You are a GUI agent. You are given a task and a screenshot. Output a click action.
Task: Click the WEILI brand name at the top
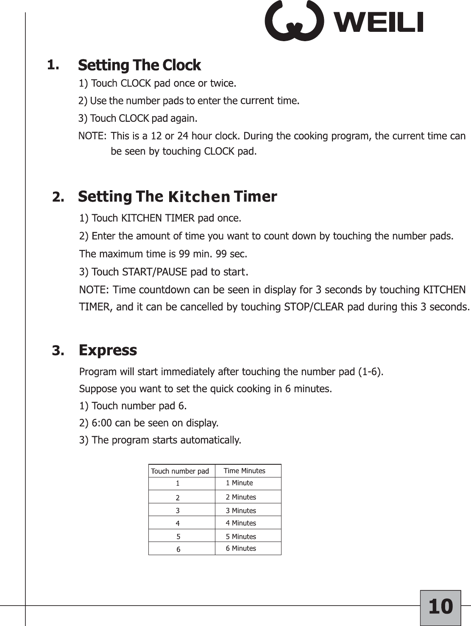379,22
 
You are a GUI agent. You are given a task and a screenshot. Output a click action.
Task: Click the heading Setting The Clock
139,65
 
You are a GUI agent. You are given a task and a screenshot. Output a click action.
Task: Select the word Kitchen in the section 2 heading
199,197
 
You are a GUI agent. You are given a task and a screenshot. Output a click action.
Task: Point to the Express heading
108,351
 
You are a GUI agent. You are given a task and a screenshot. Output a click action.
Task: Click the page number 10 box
440,607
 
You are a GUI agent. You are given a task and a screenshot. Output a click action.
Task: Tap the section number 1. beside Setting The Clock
53,65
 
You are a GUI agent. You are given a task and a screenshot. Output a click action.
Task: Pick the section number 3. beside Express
59,351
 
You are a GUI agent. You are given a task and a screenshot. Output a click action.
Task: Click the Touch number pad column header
180,471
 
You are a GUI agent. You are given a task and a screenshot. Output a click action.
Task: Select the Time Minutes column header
245,471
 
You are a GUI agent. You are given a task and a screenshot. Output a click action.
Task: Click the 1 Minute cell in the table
240,483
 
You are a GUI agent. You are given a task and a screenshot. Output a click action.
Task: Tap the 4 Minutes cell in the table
241,523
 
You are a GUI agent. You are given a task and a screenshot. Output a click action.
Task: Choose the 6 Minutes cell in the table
241,548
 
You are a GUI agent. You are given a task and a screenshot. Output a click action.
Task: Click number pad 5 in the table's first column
178,536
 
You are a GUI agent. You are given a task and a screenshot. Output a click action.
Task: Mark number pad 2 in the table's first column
178,498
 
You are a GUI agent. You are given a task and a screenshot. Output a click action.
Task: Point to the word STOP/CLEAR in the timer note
314,307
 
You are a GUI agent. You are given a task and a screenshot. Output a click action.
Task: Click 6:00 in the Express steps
102,423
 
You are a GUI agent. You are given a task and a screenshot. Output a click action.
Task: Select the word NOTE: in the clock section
92,136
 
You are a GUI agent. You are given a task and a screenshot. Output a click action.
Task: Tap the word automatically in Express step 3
211,440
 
